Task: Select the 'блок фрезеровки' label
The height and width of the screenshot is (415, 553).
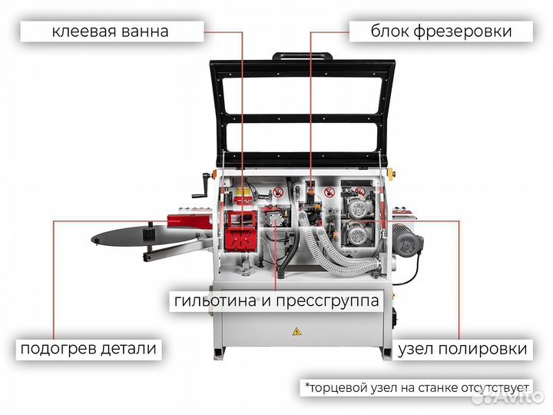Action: [441, 32]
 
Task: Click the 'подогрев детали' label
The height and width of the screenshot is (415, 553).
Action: [89, 348]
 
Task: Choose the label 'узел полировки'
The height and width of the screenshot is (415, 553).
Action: [462, 348]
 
